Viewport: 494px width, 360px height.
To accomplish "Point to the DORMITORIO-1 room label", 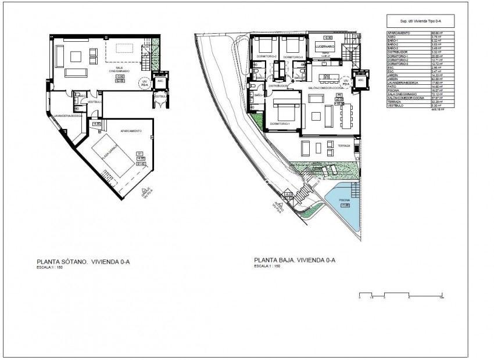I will pyautogui.click(x=282, y=124).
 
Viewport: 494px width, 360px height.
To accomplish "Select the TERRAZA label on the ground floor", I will pyautogui.click(x=343, y=146).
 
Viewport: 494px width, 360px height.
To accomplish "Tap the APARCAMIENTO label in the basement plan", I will pyautogui.click(x=131, y=131).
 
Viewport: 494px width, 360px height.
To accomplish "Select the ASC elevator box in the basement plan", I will pyautogui.click(x=158, y=81).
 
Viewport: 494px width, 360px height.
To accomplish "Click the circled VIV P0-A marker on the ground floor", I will pyautogui.click(x=345, y=82).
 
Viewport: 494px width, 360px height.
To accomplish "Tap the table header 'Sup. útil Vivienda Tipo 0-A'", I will pyautogui.click(x=421, y=21).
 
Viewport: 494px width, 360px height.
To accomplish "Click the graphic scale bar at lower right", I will pyautogui.click(x=401, y=293).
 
